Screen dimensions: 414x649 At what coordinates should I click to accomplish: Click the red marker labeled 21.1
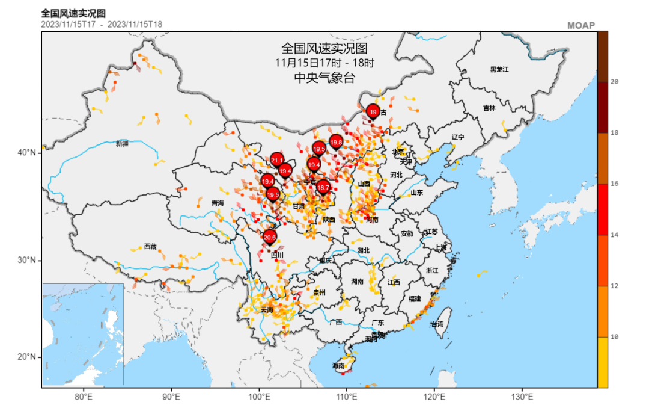click(x=277, y=159)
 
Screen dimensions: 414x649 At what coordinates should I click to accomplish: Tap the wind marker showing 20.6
click(x=270, y=237)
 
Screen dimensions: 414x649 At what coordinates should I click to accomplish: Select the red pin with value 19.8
click(x=336, y=143)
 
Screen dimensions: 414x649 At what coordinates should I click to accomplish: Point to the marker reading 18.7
click(x=323, y=188)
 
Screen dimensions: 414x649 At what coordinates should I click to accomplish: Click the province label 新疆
click(x=122, y=143)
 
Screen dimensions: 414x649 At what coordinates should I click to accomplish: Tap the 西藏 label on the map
click(x=150, y=247)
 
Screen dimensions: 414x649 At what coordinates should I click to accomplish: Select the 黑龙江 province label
click(x=499, y=70)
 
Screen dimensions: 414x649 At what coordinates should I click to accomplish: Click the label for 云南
click(x=266, y=310)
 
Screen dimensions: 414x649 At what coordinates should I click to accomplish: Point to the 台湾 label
click(x=437, y=324)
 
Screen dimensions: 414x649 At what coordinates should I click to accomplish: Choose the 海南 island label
click(x=338, y=366)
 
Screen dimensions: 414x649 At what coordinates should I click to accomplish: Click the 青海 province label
click(x=218, y=204)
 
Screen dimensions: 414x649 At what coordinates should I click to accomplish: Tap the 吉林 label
click(x=489, y=108)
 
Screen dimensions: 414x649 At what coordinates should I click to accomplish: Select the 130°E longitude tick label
click(x=522, y=397)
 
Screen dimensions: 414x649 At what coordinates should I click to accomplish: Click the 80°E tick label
click(x=84, y=397)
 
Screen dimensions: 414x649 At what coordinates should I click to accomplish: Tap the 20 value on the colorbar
click(x=614, y=82)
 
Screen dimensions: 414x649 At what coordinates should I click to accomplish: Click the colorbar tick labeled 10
click(x=614, y=337)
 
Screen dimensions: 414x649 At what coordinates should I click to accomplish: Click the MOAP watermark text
click(x=580, y=25)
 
